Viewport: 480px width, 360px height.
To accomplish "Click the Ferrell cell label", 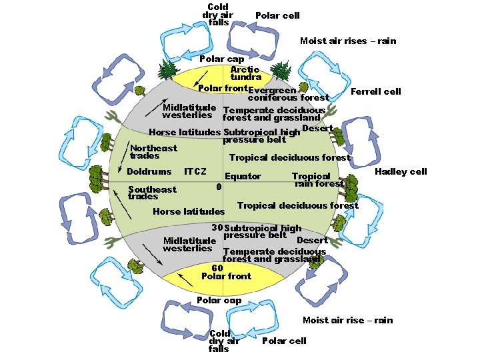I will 376,91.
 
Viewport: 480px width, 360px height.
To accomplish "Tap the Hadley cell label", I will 400,171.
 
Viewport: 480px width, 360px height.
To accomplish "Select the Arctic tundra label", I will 245,73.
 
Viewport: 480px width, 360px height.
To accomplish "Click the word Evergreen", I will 276,90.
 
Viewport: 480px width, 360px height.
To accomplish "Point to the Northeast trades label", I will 153,152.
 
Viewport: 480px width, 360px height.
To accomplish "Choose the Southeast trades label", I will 152,193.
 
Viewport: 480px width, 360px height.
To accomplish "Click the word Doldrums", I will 149,172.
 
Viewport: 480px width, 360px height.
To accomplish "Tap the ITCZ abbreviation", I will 195,172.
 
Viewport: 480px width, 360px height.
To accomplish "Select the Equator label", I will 243,177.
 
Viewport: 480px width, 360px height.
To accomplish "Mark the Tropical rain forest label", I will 317,180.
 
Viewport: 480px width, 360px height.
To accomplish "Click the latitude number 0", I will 219,186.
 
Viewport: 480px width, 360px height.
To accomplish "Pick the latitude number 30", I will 217,227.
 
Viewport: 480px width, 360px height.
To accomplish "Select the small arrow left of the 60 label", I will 185,279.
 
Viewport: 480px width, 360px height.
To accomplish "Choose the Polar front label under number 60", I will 226,276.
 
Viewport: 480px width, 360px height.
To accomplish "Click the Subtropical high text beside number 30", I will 263,228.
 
